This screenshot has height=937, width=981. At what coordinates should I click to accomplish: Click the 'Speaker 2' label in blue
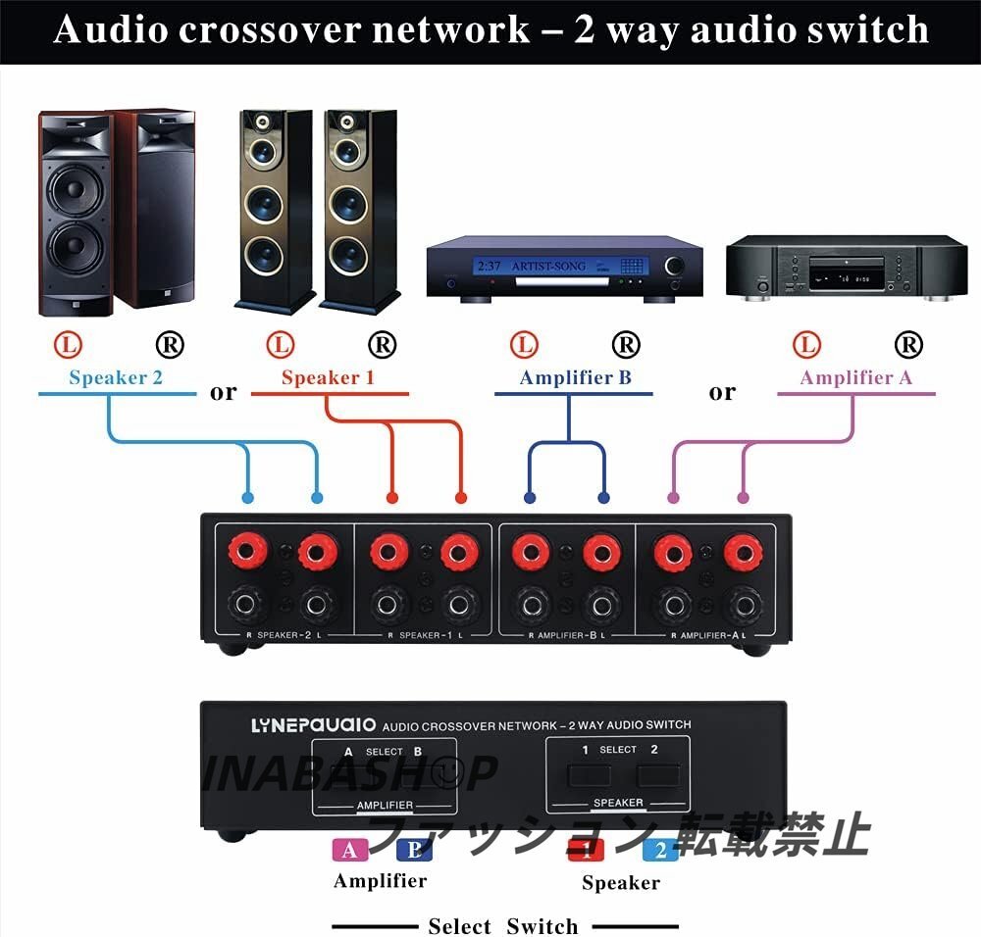116,377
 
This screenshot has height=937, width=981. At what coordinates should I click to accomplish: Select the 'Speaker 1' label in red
328,377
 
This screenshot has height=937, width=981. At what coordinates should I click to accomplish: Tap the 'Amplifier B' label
575,377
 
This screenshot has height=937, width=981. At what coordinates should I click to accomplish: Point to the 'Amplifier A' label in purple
848,377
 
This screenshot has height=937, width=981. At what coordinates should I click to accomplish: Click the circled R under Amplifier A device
908,344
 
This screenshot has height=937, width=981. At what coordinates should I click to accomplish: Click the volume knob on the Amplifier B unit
676,266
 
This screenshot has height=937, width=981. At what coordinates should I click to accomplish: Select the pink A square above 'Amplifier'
351,850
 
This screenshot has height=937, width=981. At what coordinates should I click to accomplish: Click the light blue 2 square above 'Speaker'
660,850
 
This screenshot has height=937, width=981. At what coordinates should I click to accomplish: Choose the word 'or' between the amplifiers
722,392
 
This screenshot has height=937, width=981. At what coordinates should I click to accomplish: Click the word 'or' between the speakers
224,392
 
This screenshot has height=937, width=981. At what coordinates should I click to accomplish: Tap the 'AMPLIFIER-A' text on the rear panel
707,636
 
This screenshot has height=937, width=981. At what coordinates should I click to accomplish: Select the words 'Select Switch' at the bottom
503,926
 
